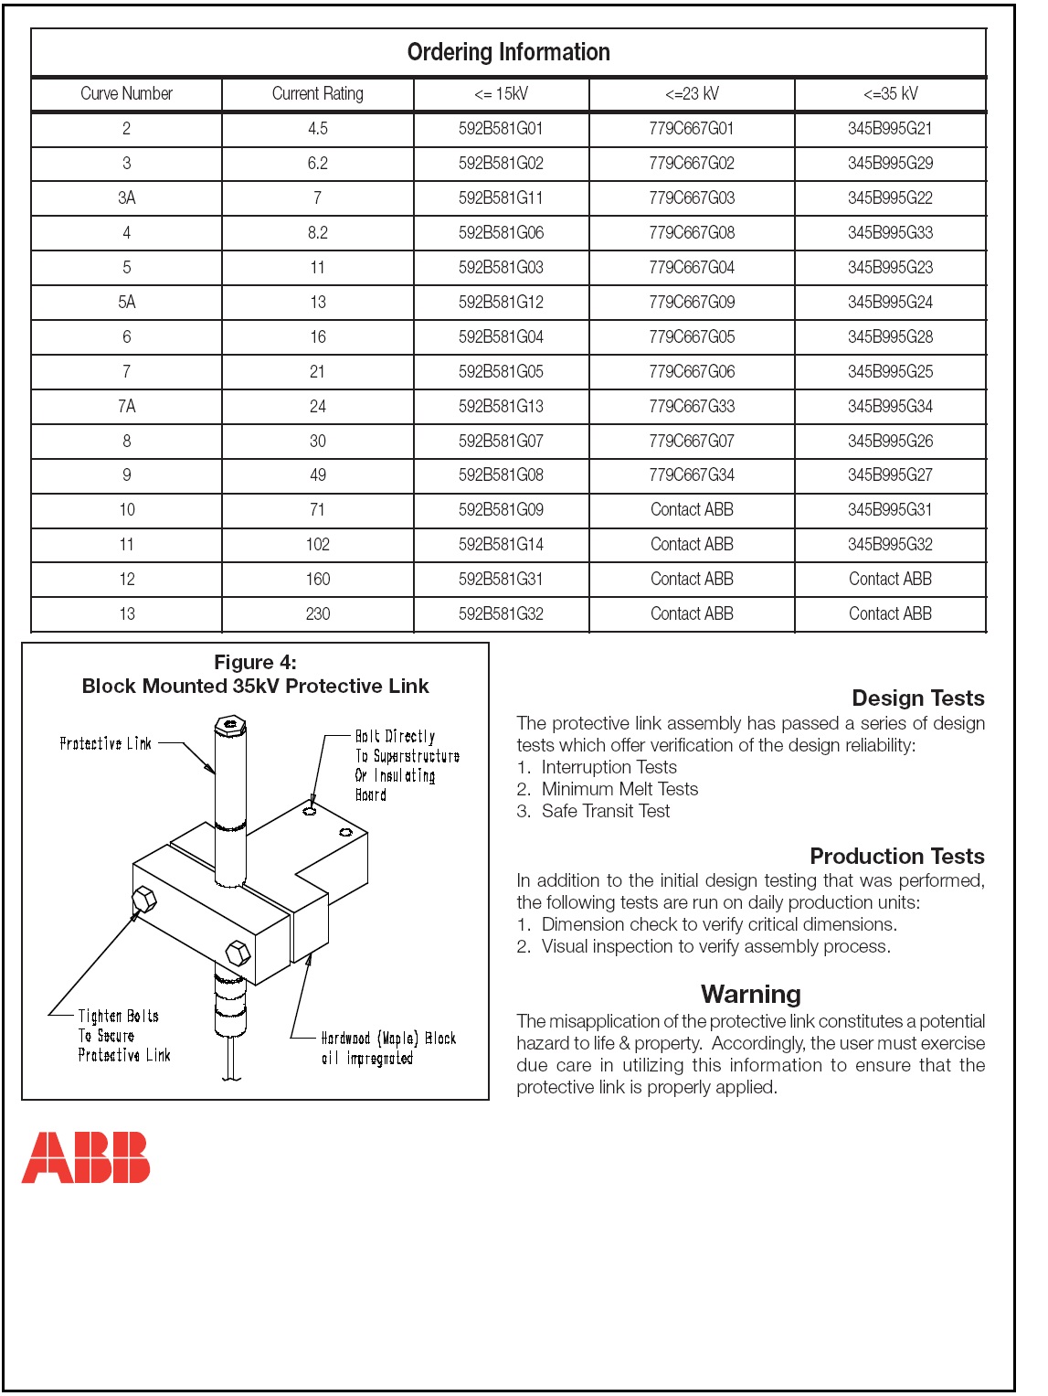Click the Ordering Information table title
[508, 53]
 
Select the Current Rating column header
[317, 94]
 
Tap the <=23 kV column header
[692, 94]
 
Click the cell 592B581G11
[501, 198]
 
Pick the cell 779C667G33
[692, 407]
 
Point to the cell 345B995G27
[890, 475]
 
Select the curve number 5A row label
[127, 303]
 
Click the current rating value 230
[317, 614]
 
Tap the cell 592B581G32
[501, 614]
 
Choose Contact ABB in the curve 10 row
[692, 510]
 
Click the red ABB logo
[86, 1157]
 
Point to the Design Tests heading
[917, 698]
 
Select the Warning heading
[750, 995]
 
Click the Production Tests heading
[896, 857]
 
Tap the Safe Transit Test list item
[605, 812]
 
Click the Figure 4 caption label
[255, 663]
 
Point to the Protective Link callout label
[105, 744]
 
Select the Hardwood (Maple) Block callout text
[388, 1049]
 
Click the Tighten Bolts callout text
[119, 1036]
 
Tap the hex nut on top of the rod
[229, 724]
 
